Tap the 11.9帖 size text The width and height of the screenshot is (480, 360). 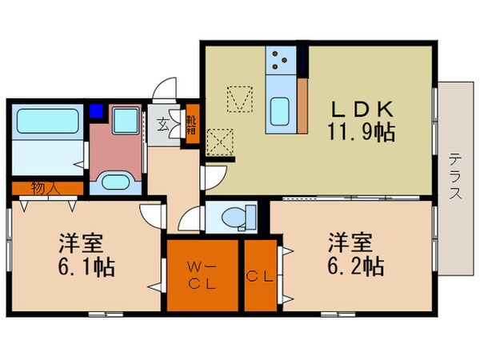pyautogui.click(x=362, y=132)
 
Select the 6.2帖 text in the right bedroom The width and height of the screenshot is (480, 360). pyautogui.click(x=354, y=264)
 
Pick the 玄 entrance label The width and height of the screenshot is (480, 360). pyautogui.click(x=162, y=125)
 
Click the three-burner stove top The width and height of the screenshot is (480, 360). pyautogui.click(x=282, y=59)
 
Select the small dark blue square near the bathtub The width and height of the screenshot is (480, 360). pyautogui.click(x=96, y=111)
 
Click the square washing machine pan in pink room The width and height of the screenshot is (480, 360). pyautogui.click(x=126, y=122)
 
